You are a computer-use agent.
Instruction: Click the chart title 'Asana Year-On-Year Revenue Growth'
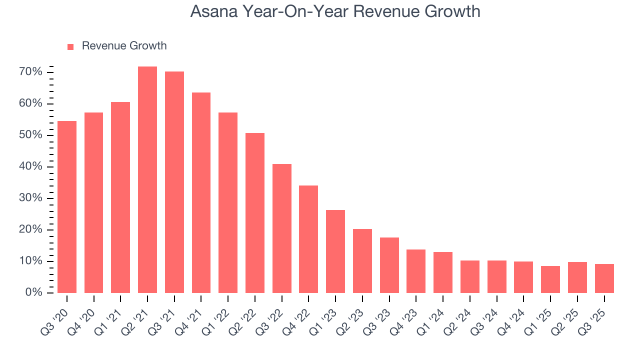click(335, 11)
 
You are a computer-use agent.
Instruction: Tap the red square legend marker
click(70, 46)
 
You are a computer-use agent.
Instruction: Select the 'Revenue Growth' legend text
click(124, 46)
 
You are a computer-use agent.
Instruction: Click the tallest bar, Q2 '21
click(147, 179)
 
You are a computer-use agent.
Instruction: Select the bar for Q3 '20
click(67, 206)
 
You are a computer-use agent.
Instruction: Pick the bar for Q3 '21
click(174, 182)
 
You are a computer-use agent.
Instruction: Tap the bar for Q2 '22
click(255, 212)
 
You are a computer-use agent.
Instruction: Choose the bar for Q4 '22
click(308, 239)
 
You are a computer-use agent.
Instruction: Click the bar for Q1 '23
click(335, 251)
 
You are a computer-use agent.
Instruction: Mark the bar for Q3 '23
click(389, 265)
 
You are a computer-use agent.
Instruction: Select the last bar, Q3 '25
click(604, 278)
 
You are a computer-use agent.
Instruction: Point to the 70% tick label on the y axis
click(31, 72)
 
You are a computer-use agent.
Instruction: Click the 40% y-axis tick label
click(31, 166)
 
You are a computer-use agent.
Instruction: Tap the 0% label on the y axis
click(33, 292)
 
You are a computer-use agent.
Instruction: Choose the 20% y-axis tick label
click(31, 229)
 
